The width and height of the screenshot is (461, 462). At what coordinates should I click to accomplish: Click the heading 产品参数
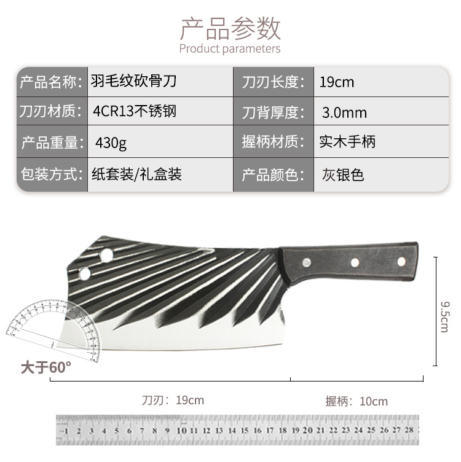pyautogui.click(x=230, y=28)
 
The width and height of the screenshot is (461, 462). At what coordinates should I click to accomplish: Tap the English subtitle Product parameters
pyautogui.click(x=230, y=49)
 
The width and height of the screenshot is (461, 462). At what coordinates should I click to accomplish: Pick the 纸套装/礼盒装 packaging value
pyautogui.click(x=136, y=174)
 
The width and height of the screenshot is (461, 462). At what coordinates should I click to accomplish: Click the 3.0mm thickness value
pyautogui.click(x=344, y=112)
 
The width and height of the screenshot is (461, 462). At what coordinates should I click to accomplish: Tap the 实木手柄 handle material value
pyautogui.click(x=347, y=143)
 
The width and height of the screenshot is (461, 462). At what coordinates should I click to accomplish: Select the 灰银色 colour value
pyautogui.click(x=343, y=174)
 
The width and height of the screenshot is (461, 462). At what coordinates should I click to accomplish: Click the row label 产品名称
pyautogui.click(x=50, y=81)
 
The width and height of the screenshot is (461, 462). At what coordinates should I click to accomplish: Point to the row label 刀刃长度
pyautogui.click(x=270, y=81)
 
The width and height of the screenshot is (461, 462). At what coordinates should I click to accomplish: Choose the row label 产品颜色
pyautogui.click(x=270, y=174)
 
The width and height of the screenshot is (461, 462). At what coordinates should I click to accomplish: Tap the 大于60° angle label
pyautogui.click(x=46, y=367)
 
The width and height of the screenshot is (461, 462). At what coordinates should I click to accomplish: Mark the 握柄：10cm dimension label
pyautogui.click(x=357, y=401)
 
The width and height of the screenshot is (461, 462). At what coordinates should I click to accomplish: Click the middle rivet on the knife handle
pyautogui.click(x=355, y=263)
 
